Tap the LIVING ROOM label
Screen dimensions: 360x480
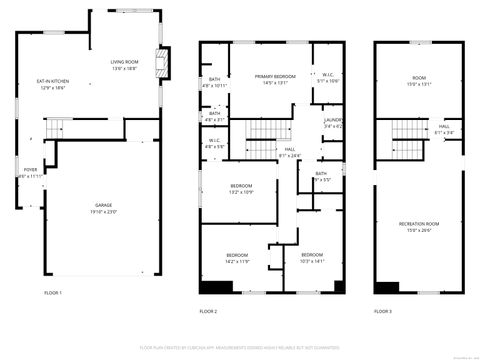point(124,65)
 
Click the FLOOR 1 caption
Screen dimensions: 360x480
point(53,293)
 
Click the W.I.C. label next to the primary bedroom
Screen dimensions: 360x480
point(328,77)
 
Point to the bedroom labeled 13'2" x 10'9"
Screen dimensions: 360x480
point(241,188)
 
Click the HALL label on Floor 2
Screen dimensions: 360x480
point(289,152)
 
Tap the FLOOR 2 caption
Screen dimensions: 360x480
point(208,311)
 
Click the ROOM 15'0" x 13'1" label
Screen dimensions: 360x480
point(418,80)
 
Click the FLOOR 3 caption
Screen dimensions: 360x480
point(383,311)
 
